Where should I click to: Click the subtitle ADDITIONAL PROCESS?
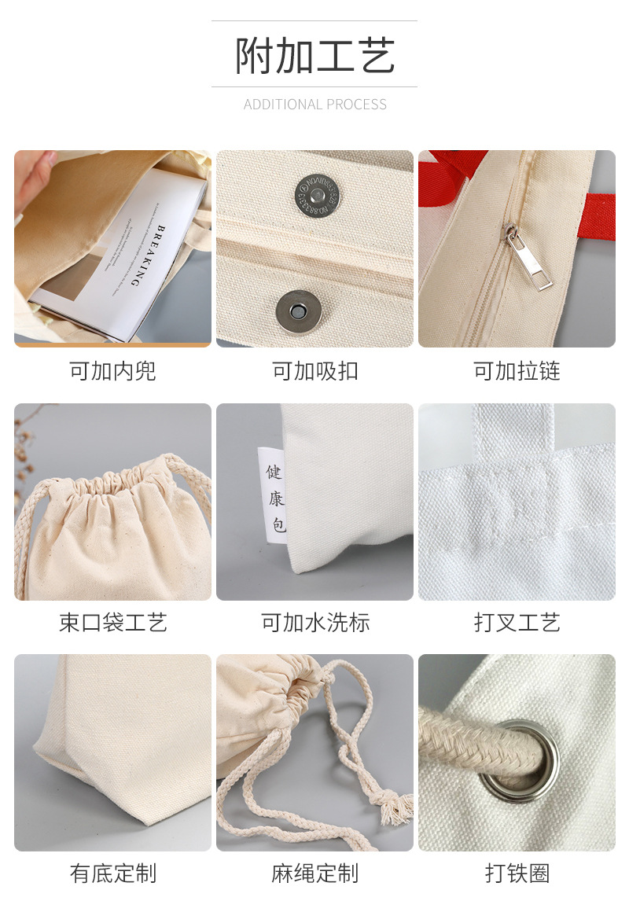[x=314, y=105]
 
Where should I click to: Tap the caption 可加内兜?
[x=112, y=371]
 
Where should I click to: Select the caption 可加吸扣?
[x=314, y=371]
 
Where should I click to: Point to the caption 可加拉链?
[x=517, y=371]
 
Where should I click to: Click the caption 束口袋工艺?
[x=112, y=623]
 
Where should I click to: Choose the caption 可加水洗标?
[x=314, y=623]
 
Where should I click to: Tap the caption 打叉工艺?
[x=517, y=623]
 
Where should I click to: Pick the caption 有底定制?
[x=112, y=873]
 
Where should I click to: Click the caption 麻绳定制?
[x=314, y=873]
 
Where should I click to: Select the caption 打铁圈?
[x=517, y=873]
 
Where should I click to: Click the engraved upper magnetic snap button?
[x=319, y=193]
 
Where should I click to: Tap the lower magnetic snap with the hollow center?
[x=298, y=309]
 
